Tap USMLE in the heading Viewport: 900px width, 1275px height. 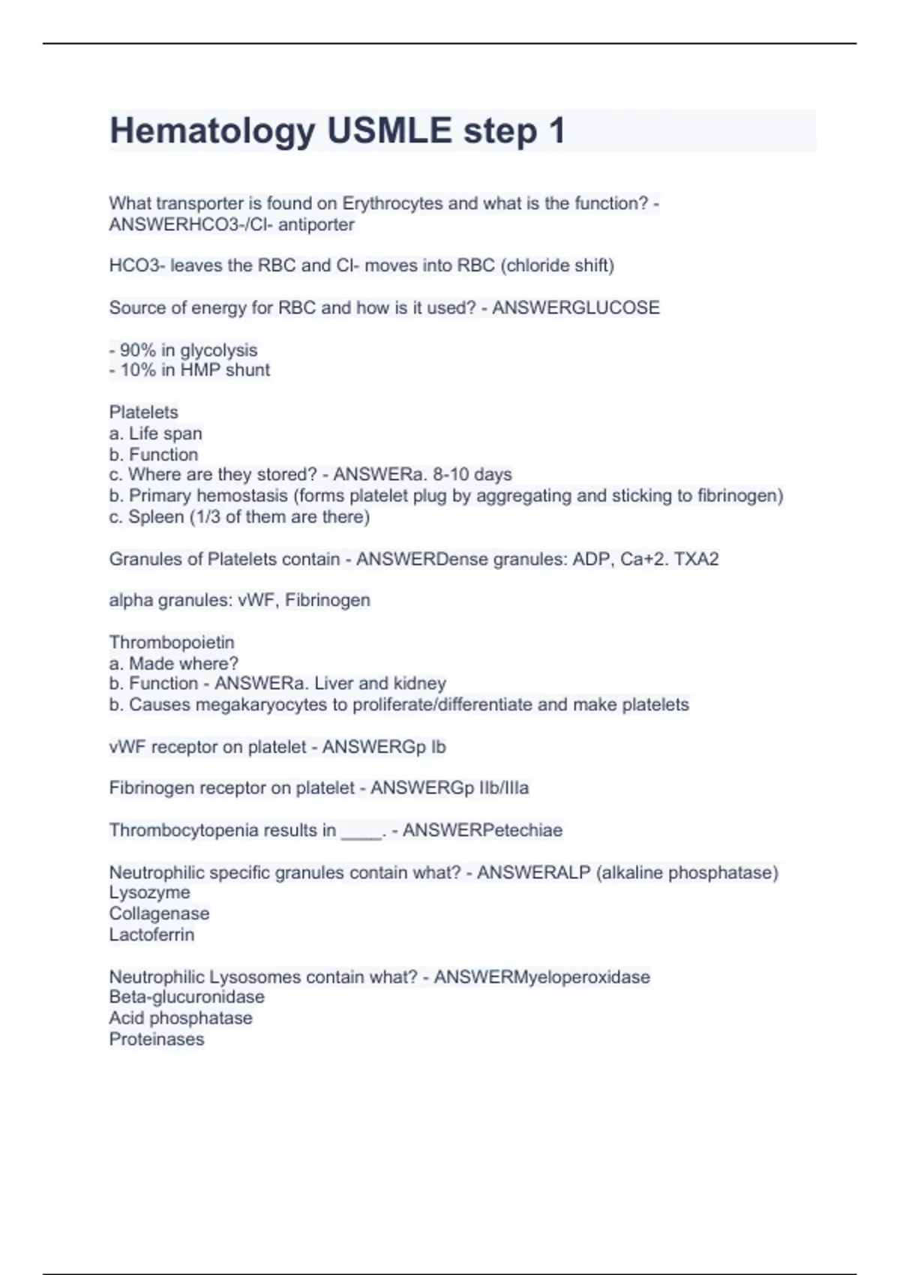[x=388, y=131]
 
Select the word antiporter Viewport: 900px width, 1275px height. [x=316, y=224]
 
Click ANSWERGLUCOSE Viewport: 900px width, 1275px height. [x=576, y=307]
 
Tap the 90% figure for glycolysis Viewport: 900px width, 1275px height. [x=137, y=350]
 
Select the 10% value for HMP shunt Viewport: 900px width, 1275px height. [x=137, y=370]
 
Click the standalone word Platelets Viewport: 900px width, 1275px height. [x=143, y=412]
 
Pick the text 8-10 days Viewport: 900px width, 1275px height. [x=472, y=475]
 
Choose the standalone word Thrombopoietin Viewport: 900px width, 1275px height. [x=172, y=642]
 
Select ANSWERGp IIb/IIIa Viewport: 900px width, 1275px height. [x=450, y=788]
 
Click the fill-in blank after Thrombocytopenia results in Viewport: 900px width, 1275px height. [x=361, y=831]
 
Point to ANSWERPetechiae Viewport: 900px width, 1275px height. [x=482, y=830]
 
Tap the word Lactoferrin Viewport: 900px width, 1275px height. [x=151, y=934]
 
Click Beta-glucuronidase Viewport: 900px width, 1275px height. [x=187, y=997]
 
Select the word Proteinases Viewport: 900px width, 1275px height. [x=157, y=1039]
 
